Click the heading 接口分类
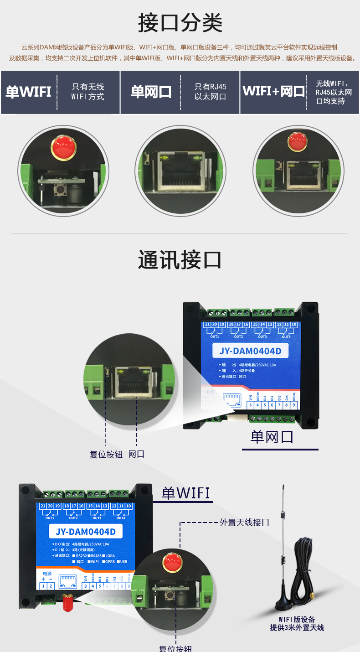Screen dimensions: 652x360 180,23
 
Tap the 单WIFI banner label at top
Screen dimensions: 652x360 28,92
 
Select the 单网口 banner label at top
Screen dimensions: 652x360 151,92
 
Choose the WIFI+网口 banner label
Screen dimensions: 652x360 273,91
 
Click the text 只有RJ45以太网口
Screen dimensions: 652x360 210,92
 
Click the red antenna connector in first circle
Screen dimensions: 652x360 63,147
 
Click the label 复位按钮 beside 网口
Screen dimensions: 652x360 106,455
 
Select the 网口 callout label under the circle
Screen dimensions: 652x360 136,455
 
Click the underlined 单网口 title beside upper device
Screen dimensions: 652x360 272,437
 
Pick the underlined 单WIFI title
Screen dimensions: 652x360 186,493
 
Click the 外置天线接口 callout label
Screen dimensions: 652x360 244,523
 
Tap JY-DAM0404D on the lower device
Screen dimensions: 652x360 86,532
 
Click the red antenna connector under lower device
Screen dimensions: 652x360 68,603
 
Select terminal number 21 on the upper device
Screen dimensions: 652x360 207,324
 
